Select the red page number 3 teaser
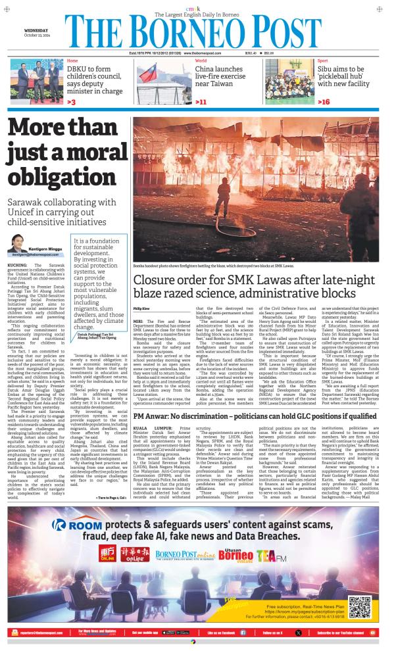pos(70,103)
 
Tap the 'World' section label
pos(201,61)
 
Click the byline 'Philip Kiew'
pos(141,308)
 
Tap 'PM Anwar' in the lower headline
pos(151,379)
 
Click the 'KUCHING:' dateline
pos(19,283)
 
